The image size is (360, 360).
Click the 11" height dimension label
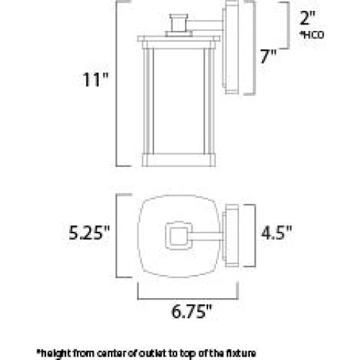pyautogui.click(x=96, y=79)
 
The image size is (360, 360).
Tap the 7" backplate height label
pyautogui.click(x=269, y=56)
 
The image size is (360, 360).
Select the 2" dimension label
pyautogui.click(x=307, y=18)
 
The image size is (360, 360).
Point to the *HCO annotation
pyautogui.click(x=312, y=35)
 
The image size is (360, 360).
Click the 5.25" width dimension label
pyautogui.click(x=89, y=233)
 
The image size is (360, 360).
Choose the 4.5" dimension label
pyautogui.click(x=276, y=233)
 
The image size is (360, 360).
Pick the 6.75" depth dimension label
pyautogui.click(x=192, y=311)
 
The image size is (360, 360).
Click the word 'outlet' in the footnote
pyautogui.click(x=153, y=353)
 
